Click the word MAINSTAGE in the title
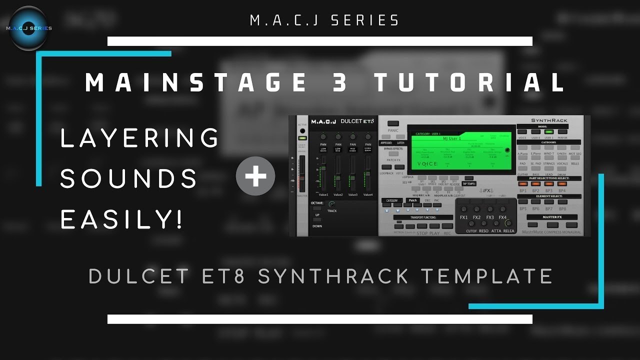[x=195, y=82]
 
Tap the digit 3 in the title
[x=341, y=82]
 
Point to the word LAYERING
[x=139, y=137]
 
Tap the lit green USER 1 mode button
[x=548, y=132]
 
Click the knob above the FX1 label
[x=463, y=209]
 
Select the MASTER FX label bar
[x=552, y=217]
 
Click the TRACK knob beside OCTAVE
[x=331, y=204]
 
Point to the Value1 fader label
[x=323, y=194]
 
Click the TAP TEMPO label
[x=468, y=183]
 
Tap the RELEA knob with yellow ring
[x=508, y=223]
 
